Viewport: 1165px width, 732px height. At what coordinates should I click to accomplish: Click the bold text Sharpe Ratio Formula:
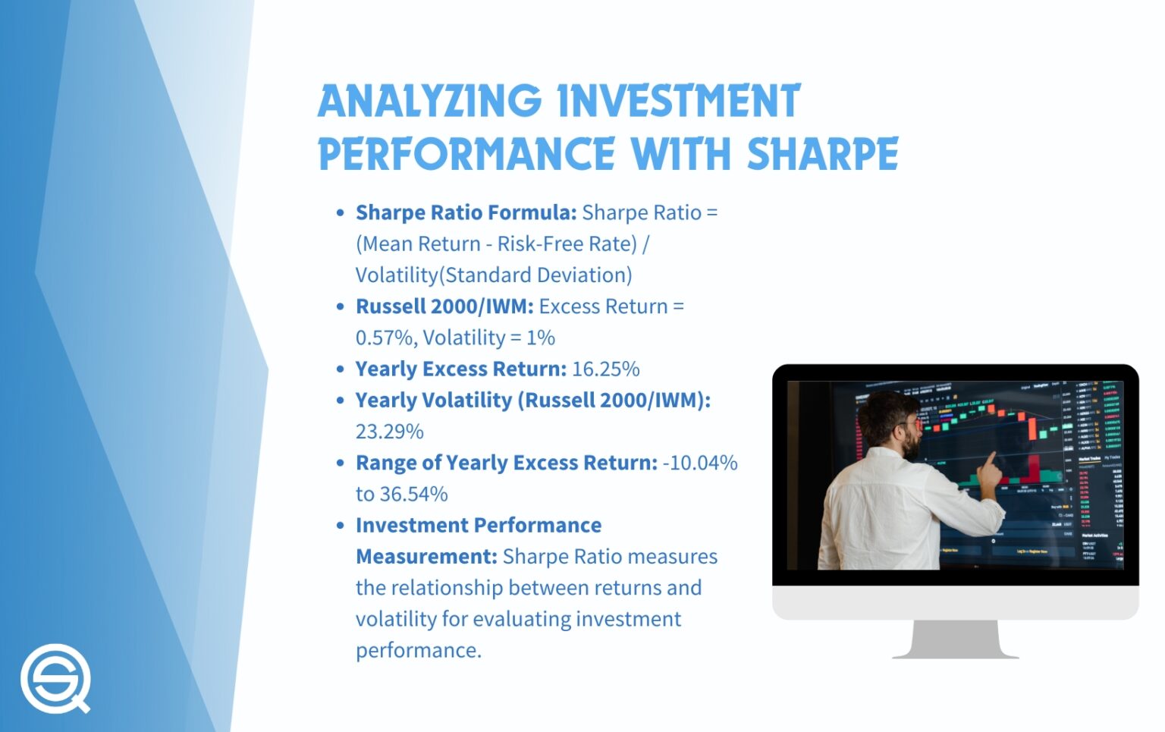[466, 213]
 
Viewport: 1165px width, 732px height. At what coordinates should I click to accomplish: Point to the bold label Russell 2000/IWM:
[444, 306]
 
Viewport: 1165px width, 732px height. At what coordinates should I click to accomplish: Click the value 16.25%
[606, 369]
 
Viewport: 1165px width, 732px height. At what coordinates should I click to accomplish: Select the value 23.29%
[390, 432]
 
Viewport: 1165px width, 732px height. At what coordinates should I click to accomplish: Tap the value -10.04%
[700, 463]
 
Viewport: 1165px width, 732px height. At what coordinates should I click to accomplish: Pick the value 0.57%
[385, 338]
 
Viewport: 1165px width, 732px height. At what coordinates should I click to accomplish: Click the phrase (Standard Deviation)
[535, 275]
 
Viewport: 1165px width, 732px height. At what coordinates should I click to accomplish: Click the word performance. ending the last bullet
[419, 651]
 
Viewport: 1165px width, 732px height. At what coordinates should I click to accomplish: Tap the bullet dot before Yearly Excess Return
[341, 369]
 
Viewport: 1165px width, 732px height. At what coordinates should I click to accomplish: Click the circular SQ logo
[55, 678]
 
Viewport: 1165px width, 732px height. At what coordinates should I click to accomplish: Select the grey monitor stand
[956, 639]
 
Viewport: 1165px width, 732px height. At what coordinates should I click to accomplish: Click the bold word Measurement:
[426, 557]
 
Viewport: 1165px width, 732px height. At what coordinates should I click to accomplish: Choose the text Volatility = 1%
[489, 338]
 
